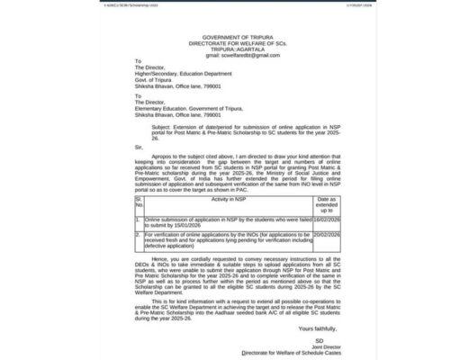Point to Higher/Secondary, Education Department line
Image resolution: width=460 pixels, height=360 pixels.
(x=189, y=73)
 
